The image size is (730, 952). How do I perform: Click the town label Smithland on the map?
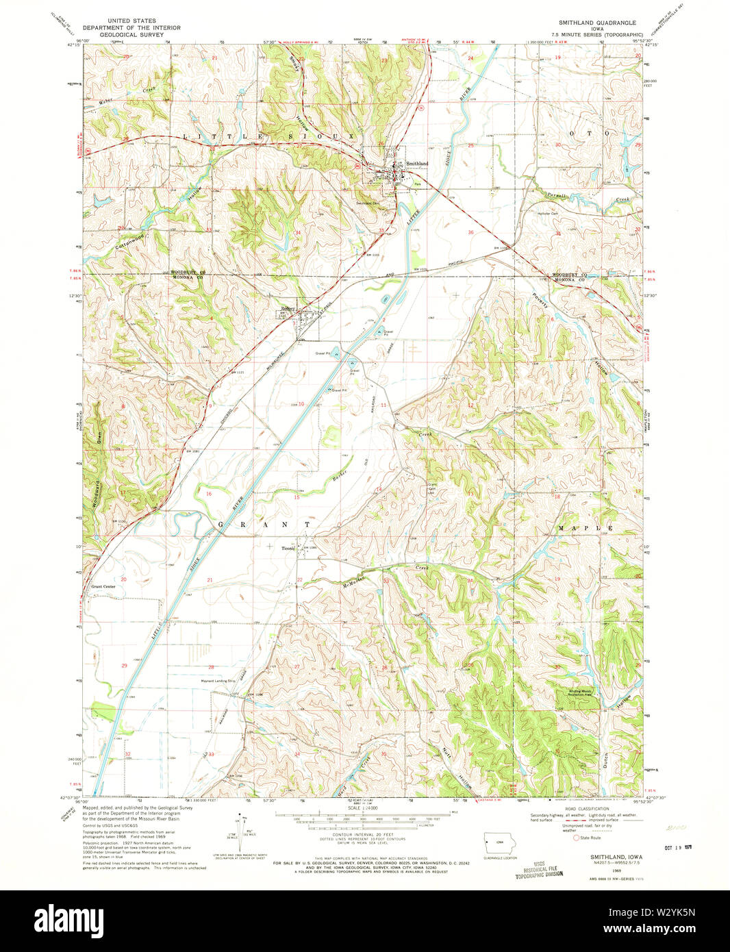[x=417, y=164]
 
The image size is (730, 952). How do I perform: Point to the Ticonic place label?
[x=288, y=548]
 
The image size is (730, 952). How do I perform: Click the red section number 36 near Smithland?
[x=470, y=233]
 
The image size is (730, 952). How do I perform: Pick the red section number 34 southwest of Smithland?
[x=298, y=233]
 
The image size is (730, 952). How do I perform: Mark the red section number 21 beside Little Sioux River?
[x=210, y=580]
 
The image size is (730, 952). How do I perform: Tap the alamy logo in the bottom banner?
[x=68, y=920]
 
